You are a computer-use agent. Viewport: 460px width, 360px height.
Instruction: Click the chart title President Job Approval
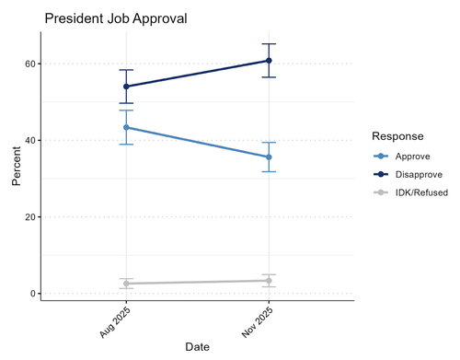116,18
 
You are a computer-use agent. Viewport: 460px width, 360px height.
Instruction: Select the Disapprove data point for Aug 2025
126,87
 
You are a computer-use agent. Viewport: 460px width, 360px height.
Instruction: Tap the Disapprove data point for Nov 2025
269,61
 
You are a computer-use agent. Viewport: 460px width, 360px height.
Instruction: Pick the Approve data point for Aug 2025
126,127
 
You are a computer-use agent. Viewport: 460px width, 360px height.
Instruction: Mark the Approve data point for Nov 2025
269,157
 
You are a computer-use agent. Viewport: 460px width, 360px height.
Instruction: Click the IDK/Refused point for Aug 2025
126,284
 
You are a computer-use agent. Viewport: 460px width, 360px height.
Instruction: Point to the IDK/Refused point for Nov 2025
269,281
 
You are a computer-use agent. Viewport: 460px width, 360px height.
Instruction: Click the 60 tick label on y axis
30,64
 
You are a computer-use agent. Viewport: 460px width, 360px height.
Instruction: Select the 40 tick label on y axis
30,140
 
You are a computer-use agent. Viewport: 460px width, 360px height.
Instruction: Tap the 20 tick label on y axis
30,217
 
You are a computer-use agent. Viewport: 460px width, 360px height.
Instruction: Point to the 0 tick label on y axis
33,294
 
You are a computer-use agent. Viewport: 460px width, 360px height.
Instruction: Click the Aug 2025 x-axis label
115,322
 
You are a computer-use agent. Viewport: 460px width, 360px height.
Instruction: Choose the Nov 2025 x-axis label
257,322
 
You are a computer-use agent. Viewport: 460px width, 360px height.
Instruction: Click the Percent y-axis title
17,166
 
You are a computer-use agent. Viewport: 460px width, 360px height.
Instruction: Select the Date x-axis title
198,347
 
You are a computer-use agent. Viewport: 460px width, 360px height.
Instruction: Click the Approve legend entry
402,157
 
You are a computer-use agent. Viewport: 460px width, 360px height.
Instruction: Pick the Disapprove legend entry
408,174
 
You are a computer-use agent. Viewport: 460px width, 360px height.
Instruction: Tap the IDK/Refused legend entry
411,192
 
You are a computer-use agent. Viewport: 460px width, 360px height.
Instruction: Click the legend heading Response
397,136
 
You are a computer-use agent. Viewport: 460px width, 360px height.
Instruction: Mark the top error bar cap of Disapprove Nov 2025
269,44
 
